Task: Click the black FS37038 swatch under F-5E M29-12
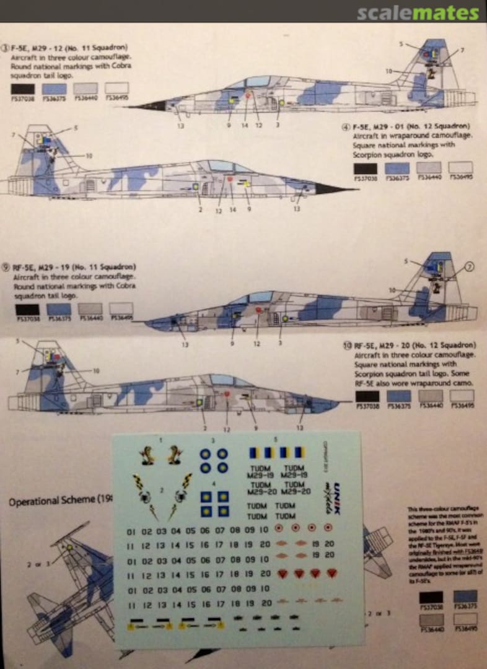[x=22, y=88]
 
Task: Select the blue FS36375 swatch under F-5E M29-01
[x=397, y=167]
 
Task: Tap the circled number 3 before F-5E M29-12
[x=6, y=48]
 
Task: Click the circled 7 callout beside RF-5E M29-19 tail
[x=469, y=267]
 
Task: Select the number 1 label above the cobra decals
[x=161, y=439]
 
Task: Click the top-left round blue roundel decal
[x=204, y=454]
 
